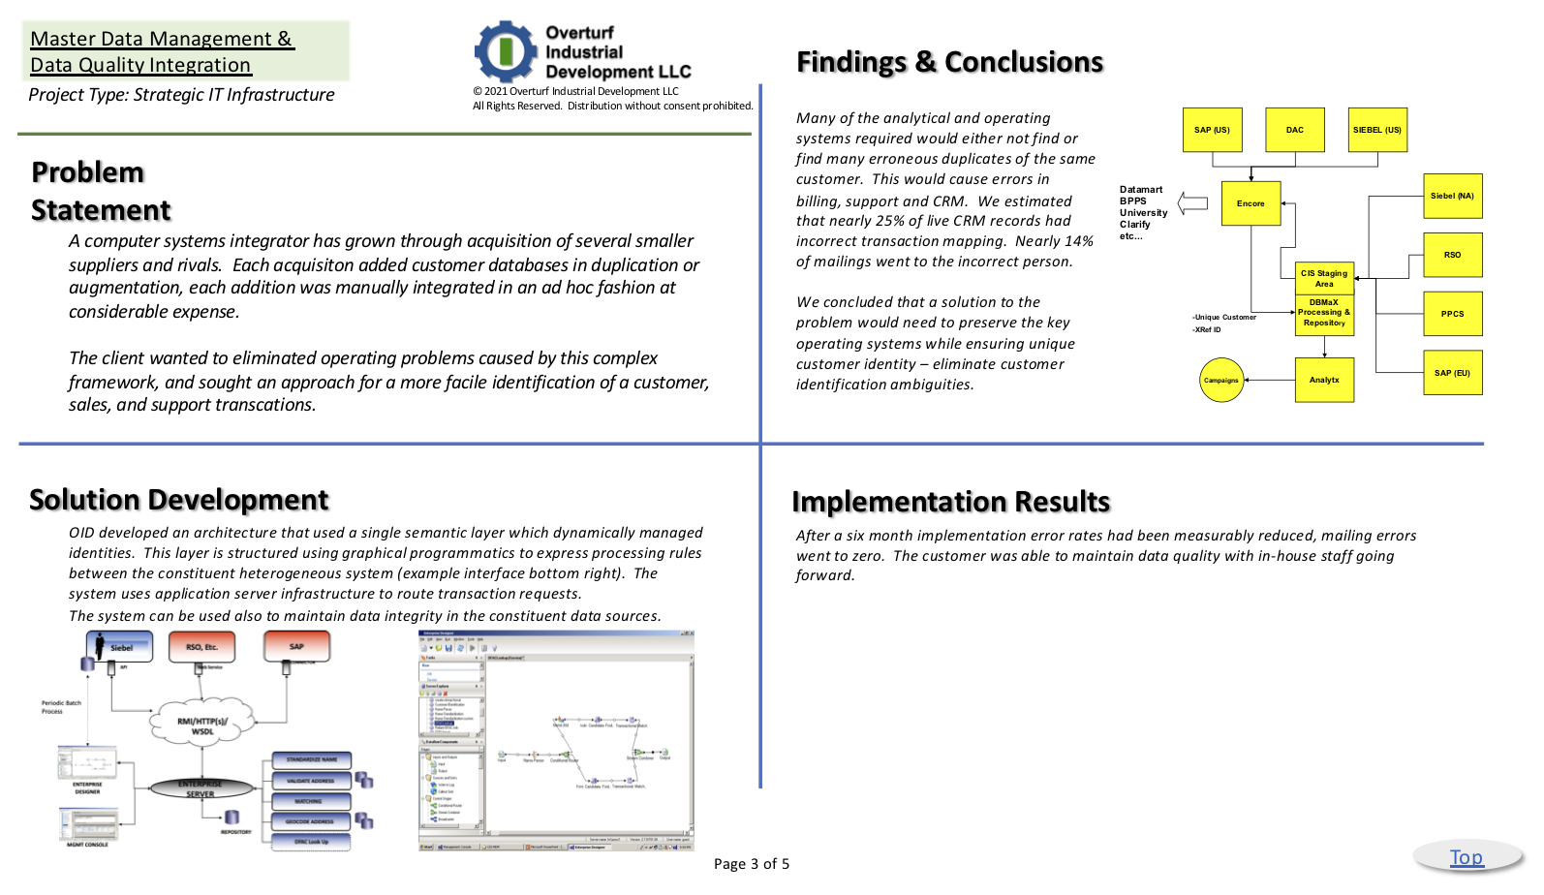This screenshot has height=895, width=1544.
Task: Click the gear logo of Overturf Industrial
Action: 505,51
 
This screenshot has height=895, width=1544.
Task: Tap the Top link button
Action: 1466,857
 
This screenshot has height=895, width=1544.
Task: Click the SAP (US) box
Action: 1212,130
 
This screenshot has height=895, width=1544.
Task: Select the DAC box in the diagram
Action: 1295,130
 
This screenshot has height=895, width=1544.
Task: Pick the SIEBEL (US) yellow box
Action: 1377,130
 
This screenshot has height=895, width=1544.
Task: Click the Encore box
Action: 1251,203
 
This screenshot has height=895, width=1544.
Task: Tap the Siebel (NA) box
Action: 1452,196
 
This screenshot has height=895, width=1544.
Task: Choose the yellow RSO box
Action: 1452,255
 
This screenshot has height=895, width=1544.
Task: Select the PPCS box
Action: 1452,314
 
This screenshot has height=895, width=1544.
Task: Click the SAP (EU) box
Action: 1452,373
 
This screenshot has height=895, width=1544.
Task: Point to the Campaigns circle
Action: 1221,380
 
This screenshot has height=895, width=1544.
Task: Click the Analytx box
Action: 1324,380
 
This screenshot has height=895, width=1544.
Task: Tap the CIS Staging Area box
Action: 1324,279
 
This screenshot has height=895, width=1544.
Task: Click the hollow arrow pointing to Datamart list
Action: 1192,203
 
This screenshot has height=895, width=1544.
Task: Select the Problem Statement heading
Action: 101,191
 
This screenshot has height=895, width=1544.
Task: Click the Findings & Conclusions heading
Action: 949,62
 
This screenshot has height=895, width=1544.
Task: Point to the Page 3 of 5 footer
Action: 752,864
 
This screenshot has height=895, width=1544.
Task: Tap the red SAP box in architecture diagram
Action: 296,646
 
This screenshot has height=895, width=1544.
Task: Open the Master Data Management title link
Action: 161,51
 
